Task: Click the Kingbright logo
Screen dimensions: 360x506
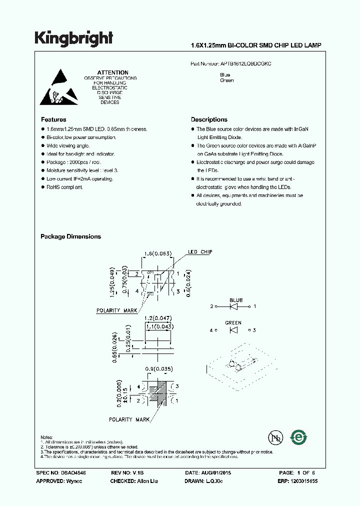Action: (x=73, y=38)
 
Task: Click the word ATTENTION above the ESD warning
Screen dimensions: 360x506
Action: (x=112, y=72)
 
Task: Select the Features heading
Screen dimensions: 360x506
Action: (x=53, y=119)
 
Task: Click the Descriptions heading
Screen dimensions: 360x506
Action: (x=209, y=119)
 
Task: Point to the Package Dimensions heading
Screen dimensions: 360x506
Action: (x=70, y=236)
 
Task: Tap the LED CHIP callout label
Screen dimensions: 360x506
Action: (x=200, y=252)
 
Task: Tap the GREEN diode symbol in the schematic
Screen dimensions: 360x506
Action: (x=233, y=330)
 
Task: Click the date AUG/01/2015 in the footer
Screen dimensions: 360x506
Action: (x=224, y=472)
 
